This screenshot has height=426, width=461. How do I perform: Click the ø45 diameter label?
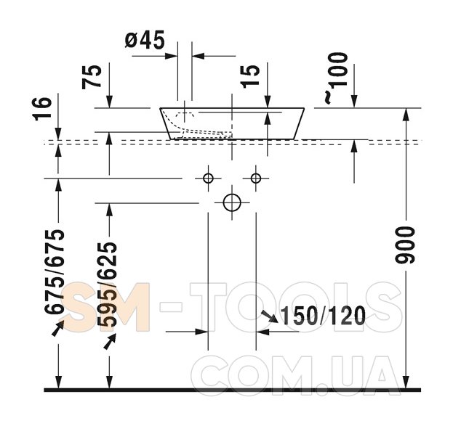(145, 40)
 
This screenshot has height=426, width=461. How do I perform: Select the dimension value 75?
(92, 77)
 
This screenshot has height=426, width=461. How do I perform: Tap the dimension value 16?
(42, 109)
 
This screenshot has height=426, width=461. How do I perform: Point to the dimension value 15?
(250, 76)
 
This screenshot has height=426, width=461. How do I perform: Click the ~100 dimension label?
(337, 78)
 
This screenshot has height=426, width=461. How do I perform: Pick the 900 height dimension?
(405, 245)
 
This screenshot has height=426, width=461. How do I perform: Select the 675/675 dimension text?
(55, 271)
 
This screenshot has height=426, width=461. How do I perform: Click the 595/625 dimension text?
(108, 284)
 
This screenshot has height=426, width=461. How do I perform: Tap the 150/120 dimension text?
(323, 316)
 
